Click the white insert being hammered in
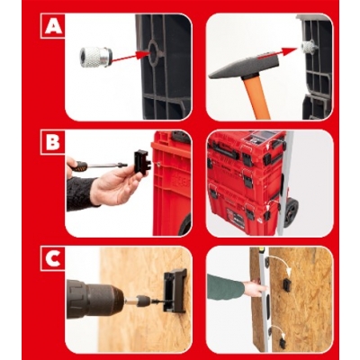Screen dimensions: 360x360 [306, 48]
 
